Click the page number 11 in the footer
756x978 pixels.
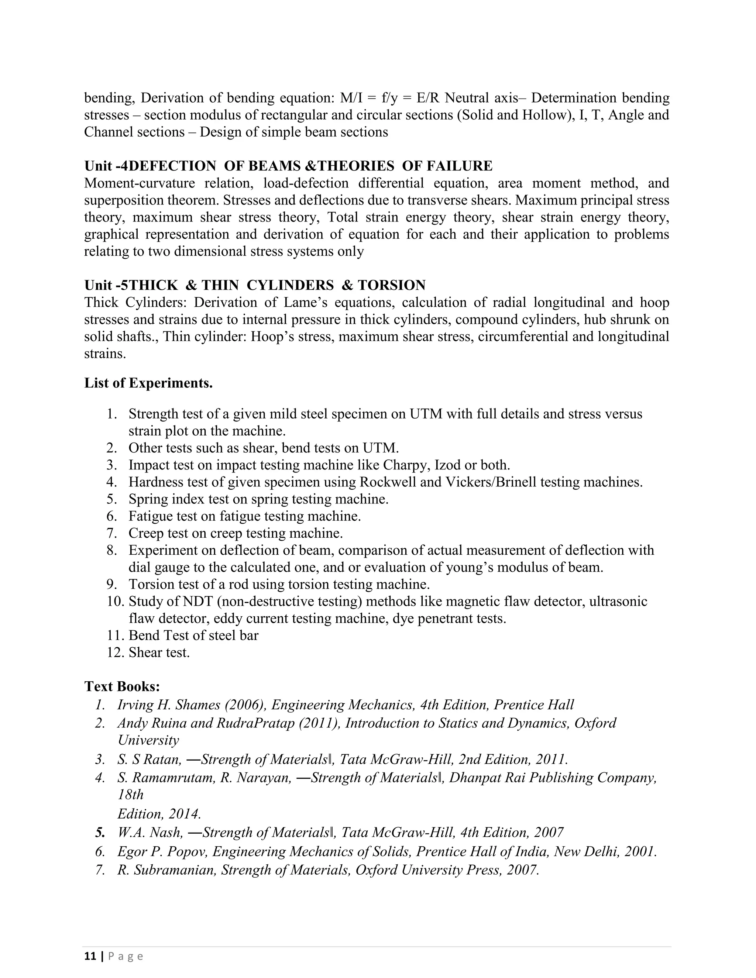point(90,956)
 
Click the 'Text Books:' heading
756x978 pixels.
point(122,686)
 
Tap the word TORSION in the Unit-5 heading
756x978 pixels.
point(391,285)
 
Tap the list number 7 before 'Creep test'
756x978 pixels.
point(111,533)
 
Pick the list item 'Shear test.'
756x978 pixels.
point(159,652)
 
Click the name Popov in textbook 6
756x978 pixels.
point(188,851)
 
